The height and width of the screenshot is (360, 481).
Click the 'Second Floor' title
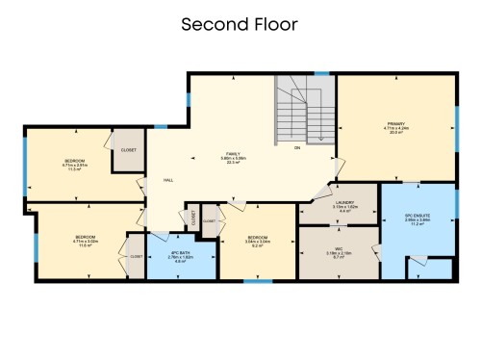click(240, 23)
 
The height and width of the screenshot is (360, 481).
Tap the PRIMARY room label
click(395, 123)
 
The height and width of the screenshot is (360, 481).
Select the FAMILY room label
click(232, 154)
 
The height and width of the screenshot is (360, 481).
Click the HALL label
click(167, 180)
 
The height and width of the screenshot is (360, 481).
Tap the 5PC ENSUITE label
click(418, 214)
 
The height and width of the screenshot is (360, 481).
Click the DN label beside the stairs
click(297, 148)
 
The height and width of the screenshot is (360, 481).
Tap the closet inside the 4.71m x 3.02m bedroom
click(136, 257)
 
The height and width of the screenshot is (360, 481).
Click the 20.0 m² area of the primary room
click(395, 134)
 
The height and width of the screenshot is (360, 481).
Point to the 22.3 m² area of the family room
click(232, 164)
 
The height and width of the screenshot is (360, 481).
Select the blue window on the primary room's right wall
click(456, 123)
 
